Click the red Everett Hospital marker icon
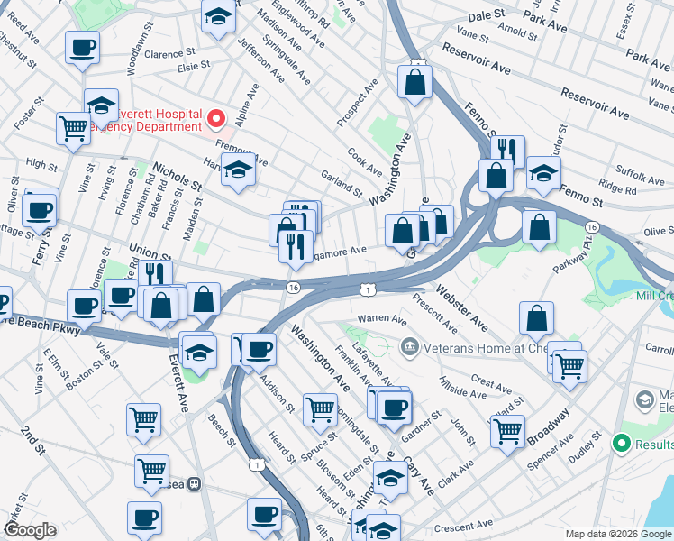216,118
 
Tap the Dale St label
485,15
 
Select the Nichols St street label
177,176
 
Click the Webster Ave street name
462,308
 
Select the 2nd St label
33,439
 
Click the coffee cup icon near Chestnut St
82,48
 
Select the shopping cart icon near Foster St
73,127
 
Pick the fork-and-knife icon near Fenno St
508,151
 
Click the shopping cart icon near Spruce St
320,408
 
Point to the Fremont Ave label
241,152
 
